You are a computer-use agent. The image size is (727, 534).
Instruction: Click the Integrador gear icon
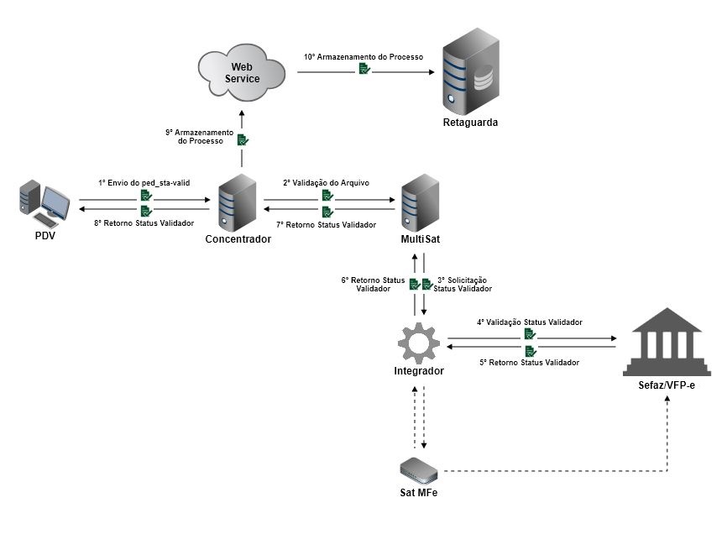(419, 342)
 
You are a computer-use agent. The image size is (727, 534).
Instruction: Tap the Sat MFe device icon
(419, 469)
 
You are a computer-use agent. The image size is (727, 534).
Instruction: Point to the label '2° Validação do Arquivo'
(327, 182)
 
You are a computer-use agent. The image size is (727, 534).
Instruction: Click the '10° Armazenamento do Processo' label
(363, 57)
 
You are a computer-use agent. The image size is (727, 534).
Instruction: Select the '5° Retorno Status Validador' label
(529, 363)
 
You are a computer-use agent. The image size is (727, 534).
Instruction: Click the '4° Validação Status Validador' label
(530, 322)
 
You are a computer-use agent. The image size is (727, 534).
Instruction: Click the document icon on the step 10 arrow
(363, 71)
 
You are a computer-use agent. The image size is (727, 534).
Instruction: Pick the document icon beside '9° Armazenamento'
(242, 139)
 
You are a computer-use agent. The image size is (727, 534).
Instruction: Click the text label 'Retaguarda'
(470, 123)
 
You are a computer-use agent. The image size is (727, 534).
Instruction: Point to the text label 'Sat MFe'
(419, 493)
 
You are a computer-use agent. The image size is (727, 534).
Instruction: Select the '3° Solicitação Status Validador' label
(463, 284)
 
